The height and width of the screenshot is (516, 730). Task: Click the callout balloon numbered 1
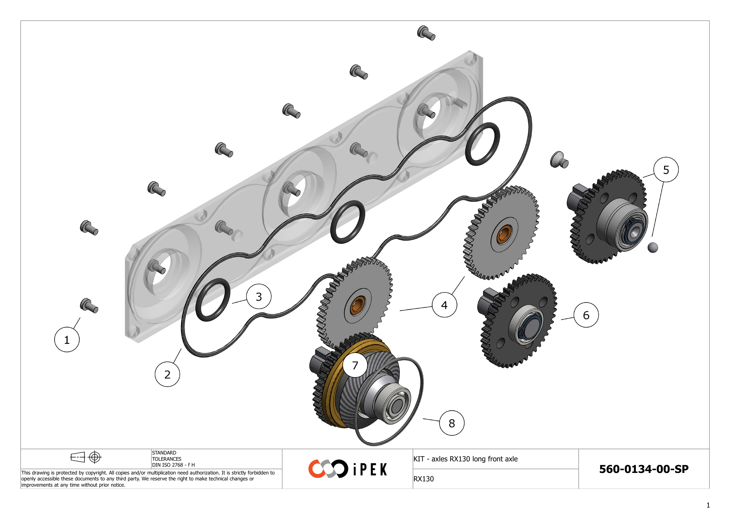click(67, 340)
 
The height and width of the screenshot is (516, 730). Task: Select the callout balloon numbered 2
click(167, 374)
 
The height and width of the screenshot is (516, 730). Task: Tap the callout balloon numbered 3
click(259, 296)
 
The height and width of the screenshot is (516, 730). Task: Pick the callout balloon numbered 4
click(444, 305)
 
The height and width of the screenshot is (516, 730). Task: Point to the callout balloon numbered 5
click(666, 170)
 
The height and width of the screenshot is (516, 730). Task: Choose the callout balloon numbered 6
click(586, 315)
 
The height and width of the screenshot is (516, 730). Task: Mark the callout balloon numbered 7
click(355, 365)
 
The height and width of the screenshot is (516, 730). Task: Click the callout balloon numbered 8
click(452, 423)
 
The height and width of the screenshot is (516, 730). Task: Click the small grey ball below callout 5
click(653, 247)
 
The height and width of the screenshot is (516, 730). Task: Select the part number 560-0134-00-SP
click(644, 469)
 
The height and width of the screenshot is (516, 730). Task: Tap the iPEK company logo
click(347, 469)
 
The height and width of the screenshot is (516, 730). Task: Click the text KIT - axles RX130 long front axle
click(465, 459)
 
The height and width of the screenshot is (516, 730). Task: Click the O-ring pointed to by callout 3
click(213, 300)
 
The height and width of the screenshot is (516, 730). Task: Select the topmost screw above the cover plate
click(426, 33)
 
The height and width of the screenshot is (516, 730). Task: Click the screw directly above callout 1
click(89, 306)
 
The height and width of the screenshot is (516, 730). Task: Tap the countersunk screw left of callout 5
click(559, 160)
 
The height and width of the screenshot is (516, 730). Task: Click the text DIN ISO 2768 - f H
click(173, 465)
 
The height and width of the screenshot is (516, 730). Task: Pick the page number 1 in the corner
click(708, 505)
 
